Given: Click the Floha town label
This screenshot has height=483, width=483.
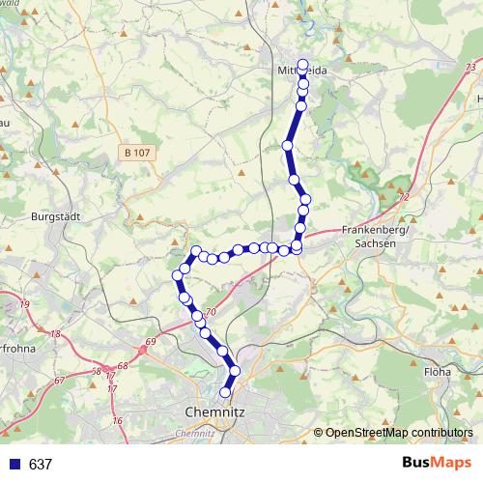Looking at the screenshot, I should tap(438, 370).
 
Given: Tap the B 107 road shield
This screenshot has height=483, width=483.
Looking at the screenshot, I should tap(138, 152).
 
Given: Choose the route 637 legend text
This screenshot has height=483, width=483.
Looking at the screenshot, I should tap(41, 465).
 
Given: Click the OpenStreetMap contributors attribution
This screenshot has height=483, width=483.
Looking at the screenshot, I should tap(399, 433).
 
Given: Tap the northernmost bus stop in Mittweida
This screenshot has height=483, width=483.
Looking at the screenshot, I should tap(302, 65).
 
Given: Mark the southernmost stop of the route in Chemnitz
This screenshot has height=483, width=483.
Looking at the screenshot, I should tap(226, 392).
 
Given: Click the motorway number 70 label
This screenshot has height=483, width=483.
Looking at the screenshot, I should tap(212, 312).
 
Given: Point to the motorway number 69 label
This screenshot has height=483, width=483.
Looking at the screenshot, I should tap(150, 341).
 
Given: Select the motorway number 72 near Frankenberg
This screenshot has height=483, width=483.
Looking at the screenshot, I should tap(404, 197).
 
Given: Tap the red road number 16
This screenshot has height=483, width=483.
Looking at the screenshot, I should tap(118, 421).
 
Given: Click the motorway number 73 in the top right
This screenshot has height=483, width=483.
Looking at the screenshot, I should tap(470, 66).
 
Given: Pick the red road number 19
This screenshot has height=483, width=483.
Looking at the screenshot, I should tap(24, 305).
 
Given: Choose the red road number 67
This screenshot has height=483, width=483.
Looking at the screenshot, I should tap(60, 381).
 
